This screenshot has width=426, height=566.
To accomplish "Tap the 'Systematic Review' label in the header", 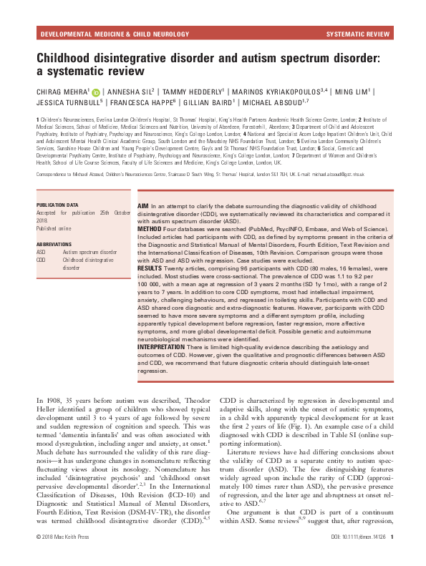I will [358, 34].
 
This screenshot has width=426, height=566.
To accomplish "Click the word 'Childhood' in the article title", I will [70, 56].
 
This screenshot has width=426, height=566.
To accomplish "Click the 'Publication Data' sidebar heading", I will [59, 204].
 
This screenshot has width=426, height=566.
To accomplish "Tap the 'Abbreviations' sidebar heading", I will [55, 245].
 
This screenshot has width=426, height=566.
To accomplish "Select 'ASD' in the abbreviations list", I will [41, 253].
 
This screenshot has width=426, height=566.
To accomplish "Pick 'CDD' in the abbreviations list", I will [41, 260].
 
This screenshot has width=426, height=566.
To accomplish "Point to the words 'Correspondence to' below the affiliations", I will [52, 174].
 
